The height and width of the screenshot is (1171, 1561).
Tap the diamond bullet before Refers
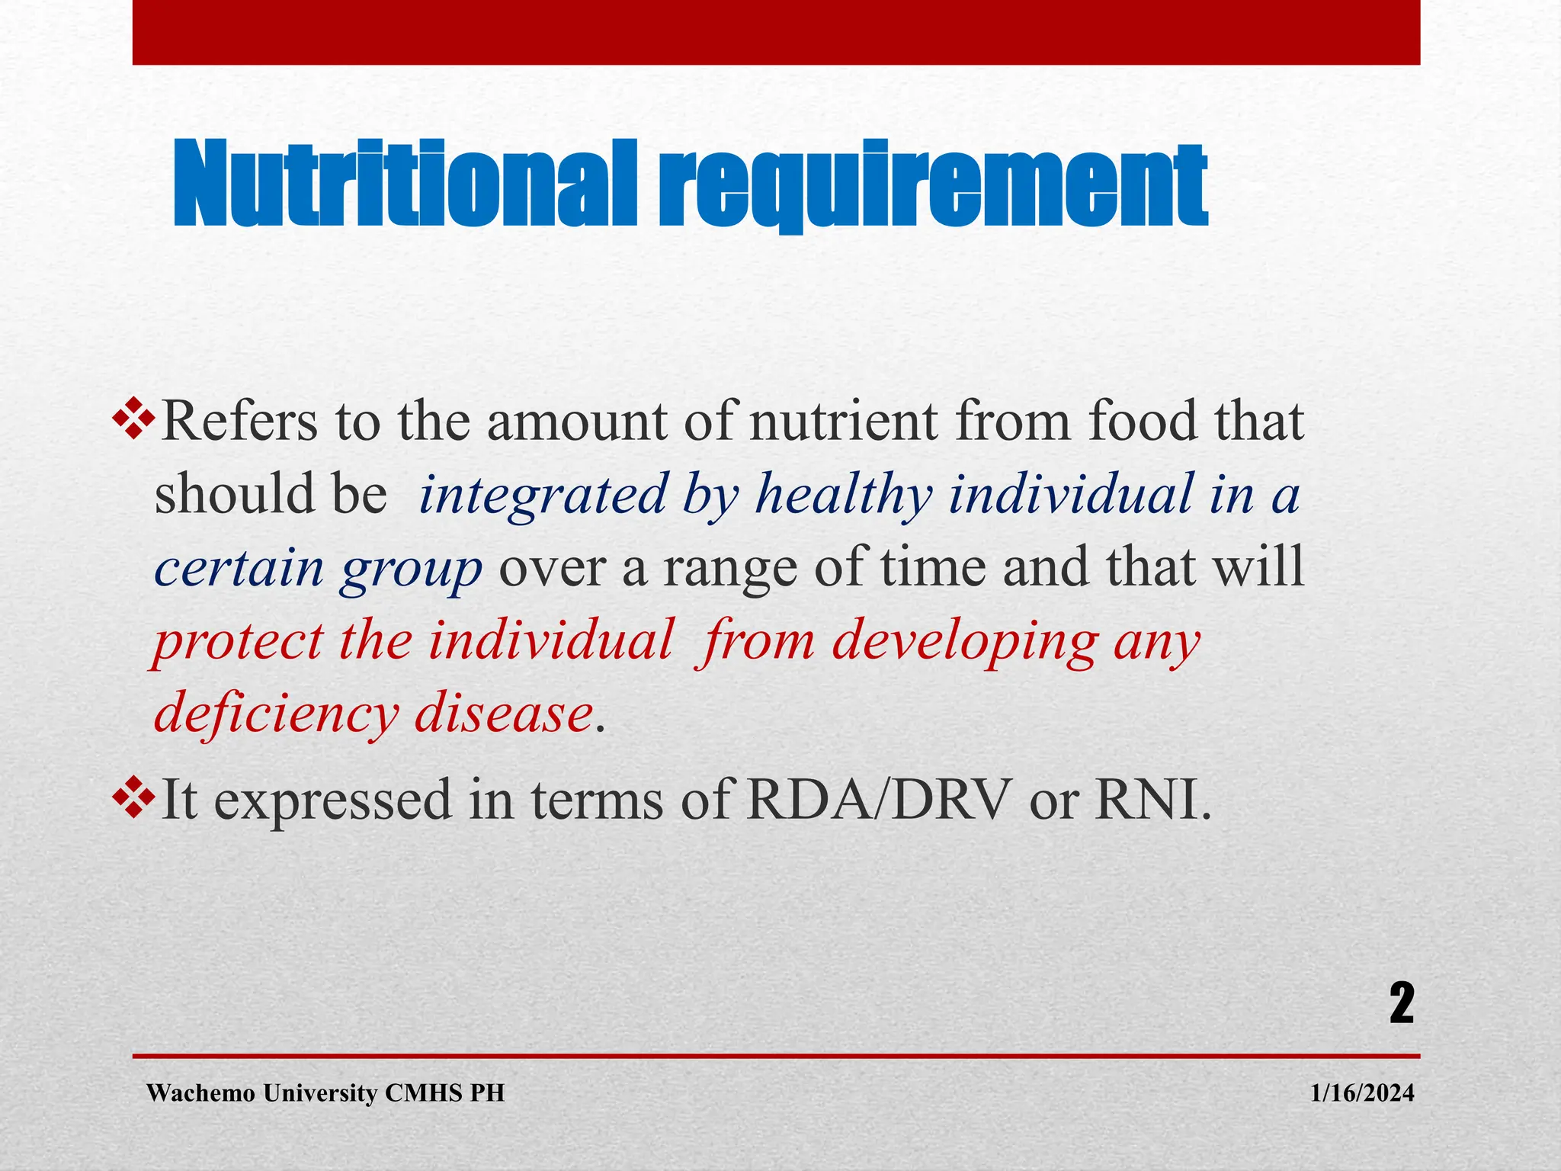[134, 421]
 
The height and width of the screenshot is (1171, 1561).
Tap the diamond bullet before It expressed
[134, 799]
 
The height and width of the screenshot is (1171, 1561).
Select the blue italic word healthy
[843, 496]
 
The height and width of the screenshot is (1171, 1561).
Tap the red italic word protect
[239, 642]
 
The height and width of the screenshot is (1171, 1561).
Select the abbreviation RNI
[1151, 800]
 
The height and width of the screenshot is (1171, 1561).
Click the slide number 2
[1401, 1004]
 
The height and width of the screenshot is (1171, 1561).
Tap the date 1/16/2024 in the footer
[1362, 1094]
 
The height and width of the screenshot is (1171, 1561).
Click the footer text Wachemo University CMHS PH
[325, 1094]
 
